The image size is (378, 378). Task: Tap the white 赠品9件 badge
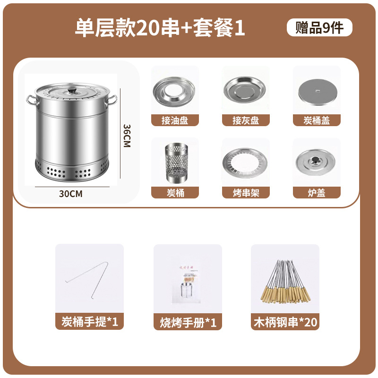(x=319, y=28)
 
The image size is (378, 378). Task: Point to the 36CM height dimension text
(x=126, y=136)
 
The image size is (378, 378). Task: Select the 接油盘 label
(x=175, y=120)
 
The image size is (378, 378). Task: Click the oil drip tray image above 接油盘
(x=175, y=91)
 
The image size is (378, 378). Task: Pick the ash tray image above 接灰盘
(x=246, y=90)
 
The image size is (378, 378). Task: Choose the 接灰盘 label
(x=246, y=120)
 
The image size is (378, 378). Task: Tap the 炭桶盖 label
(x=317, y=120)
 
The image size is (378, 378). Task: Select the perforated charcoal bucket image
(x=175, y=163)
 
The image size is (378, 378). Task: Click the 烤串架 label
(x=246, y=192)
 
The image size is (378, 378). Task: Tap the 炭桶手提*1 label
(x=90, y=322)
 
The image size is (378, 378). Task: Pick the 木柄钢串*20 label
(x=285, y=322)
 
